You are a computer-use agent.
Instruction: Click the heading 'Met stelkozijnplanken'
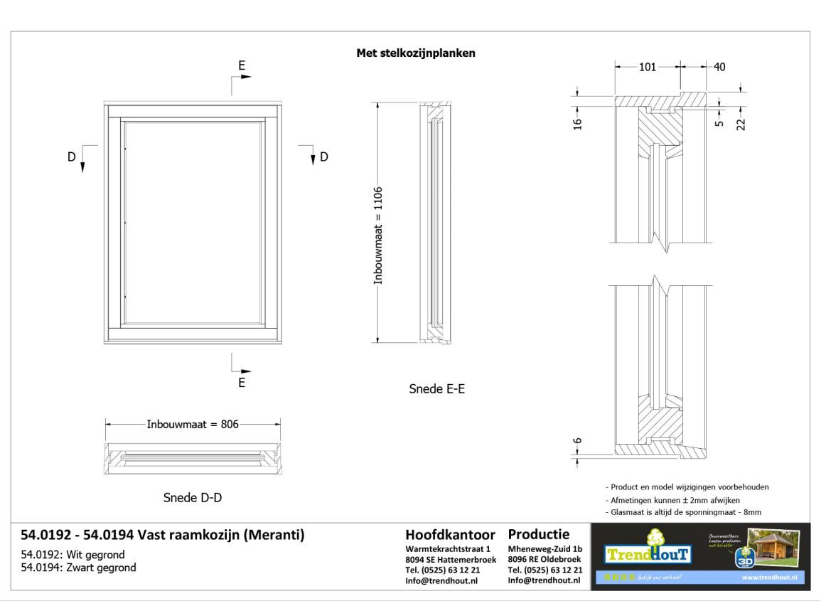[x=416, y=53]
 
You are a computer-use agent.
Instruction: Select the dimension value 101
[x=647, y=67]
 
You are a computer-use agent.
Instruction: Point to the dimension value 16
[x=577, y=123]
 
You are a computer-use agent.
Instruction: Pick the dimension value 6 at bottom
[x=577, y=441]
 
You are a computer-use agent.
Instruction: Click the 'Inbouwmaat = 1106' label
[x=378, y=235]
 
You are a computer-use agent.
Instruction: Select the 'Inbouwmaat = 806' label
[x=193, y=424]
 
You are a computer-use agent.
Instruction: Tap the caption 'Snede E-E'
[x=437, y=389]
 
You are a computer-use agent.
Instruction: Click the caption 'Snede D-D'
[x=193, y=498]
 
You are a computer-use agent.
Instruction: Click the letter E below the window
[x=242, y=383]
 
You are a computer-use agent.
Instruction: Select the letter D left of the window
[x=71, y=156]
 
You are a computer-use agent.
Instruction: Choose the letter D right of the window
[x=324, y=156]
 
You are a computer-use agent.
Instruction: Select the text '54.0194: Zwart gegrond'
[x=78, y=568]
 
